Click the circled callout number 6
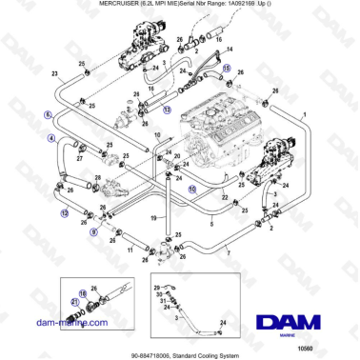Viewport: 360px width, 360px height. (48, 113)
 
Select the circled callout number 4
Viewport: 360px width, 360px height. (52, 139)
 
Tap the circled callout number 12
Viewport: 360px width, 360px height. (64, 214)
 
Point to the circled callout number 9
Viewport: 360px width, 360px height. (93, 230)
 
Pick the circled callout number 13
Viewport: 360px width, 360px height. (167, 110)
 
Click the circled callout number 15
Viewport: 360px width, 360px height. (226, 69)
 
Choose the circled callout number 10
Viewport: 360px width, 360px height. (191, 189)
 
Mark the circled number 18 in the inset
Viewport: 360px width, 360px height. (83, 294)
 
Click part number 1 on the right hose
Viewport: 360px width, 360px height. (304, 114)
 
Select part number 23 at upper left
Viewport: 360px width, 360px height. (54, 73)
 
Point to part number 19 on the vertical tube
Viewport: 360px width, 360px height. (150, 217)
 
